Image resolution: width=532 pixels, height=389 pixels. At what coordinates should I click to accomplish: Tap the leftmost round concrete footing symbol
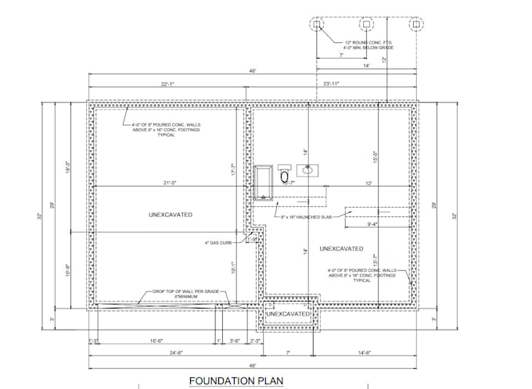coord(316,24)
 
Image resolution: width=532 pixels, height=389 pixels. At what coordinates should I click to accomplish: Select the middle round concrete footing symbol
coord(366,24)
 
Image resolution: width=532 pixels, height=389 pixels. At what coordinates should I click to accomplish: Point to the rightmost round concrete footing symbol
coord(416,24)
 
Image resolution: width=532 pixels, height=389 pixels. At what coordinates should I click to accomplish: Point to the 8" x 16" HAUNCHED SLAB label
coord(311,217)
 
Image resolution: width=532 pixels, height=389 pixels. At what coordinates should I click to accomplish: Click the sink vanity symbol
coord(309,167)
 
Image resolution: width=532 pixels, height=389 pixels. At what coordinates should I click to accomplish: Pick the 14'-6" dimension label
coord(385,353)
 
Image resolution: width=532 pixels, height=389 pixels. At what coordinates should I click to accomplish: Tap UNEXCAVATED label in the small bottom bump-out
coord(286,314)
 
